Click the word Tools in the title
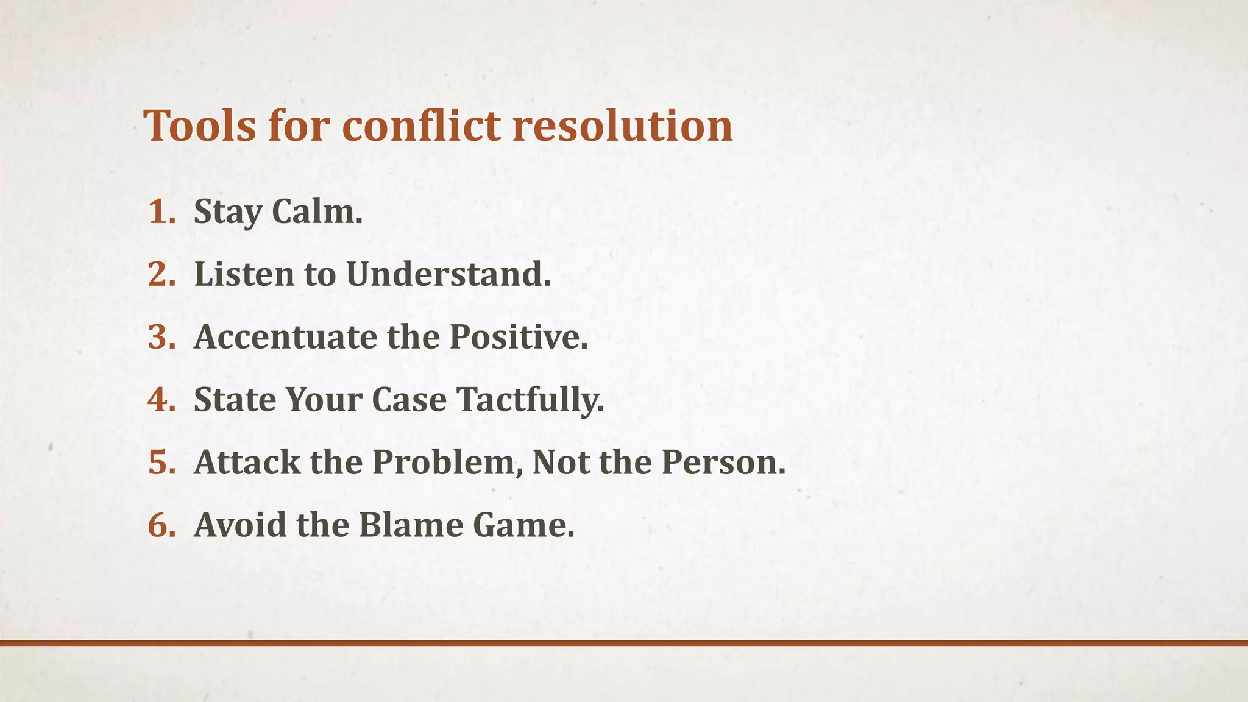pos(200,126)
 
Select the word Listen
pos(244,274)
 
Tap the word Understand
pos(448,274)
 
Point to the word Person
pos(723,463)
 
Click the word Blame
pos(411,525)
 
